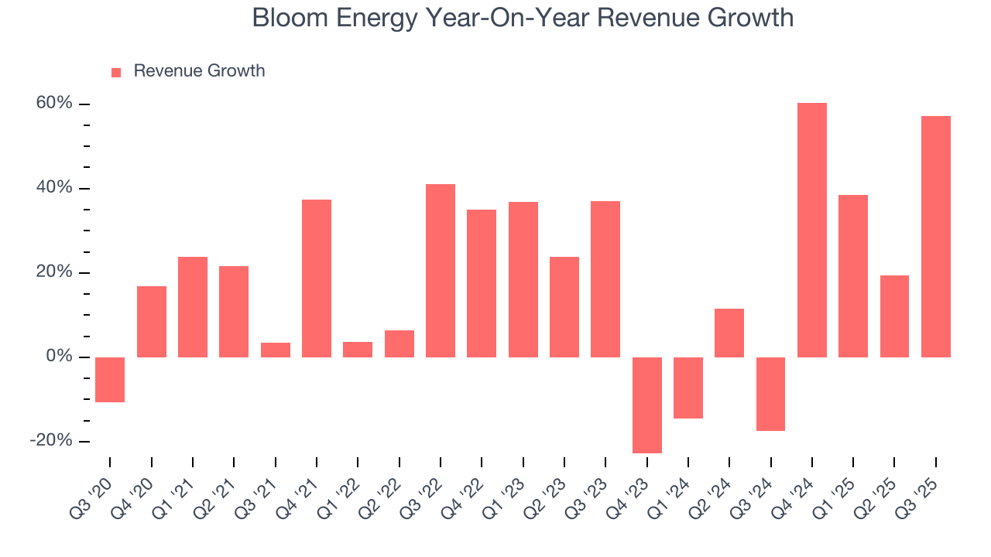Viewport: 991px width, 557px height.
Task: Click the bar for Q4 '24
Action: (811, 230)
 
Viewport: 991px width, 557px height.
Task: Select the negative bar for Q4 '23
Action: (646, 405)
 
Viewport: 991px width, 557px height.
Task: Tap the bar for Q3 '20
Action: (110, 379)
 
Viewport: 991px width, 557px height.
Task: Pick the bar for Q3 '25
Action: (935, 237)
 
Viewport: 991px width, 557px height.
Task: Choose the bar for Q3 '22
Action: (441, 271)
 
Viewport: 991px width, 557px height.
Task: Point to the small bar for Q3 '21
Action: (275, 350)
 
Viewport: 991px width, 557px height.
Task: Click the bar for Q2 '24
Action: (729, 333)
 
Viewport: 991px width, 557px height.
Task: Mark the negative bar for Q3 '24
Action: (770, 394)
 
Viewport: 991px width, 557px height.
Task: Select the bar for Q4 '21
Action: (317, 278)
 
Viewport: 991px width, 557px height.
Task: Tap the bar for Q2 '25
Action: (894, 316)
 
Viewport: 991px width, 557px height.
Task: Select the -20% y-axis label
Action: (51, 440)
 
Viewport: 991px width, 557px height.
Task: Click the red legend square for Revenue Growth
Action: (116, 73)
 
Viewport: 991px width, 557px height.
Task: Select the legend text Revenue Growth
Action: (199, 71)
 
